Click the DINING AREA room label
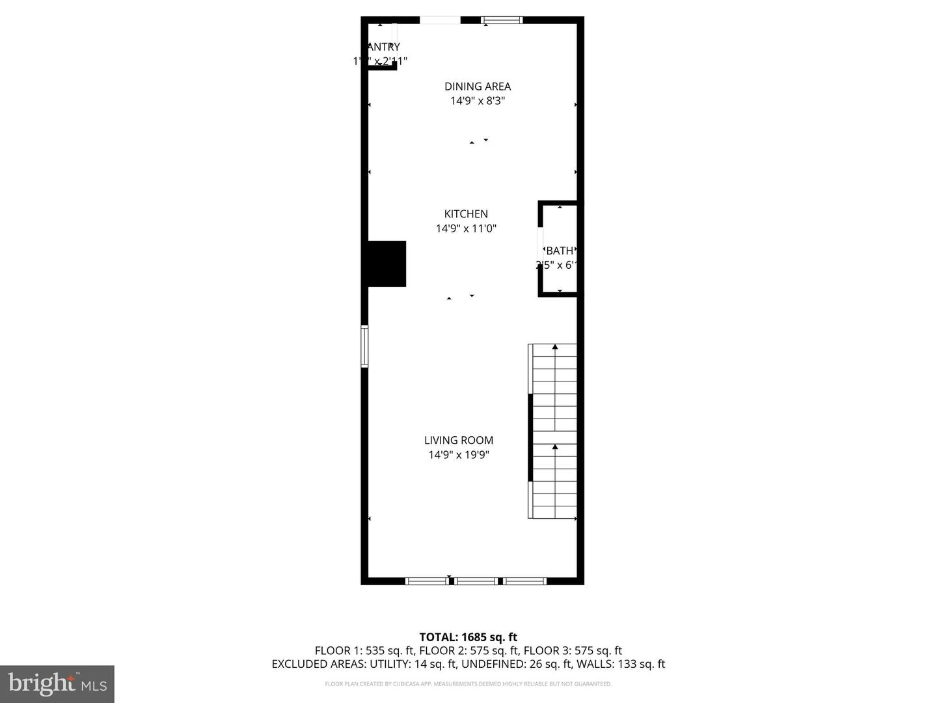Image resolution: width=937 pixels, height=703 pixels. [x=478, y=86]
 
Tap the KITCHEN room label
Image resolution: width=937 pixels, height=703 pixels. [x=466, y=214]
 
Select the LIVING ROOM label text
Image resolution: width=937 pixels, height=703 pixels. [x=459, y=440]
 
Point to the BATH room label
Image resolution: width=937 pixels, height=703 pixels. [x=560, y=251]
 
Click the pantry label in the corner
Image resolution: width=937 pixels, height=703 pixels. [x=383, y=47]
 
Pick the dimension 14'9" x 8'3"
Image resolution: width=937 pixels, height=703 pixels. [x=478, y=101]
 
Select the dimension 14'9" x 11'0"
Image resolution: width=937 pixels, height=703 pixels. [x=466, y=228]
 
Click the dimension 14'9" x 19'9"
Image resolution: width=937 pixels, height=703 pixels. [x=459, y=455]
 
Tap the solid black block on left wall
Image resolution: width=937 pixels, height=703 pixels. [x=387, y=264]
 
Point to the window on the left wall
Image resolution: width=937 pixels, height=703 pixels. [x=365, y=346]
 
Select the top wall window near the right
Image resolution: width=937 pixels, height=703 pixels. [x=502, y=20]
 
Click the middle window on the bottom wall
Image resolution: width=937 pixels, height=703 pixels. [x=476, y=581]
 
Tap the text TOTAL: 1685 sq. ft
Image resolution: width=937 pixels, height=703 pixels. [x=468, y=637]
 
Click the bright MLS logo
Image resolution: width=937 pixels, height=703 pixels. [x=57, y=683]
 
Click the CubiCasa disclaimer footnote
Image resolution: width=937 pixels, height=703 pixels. [x=468, y=684]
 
